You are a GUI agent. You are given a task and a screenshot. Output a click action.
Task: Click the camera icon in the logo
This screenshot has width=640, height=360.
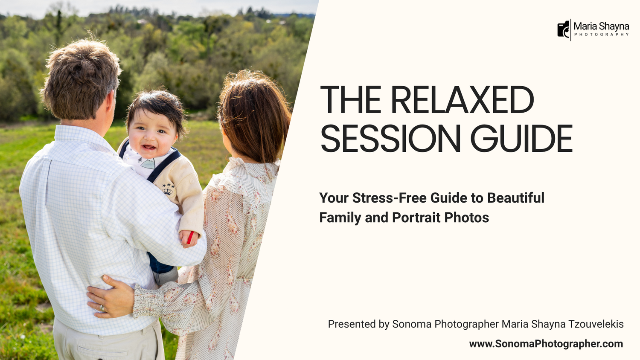pos(564,29)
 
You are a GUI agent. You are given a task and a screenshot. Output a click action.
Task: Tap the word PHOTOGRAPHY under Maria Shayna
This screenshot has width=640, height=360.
pos(602,35)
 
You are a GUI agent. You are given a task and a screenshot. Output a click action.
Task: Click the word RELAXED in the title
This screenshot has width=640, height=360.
pos(462,99)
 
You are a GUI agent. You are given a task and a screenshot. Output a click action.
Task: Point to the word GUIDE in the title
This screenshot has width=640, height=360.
pos(521,138)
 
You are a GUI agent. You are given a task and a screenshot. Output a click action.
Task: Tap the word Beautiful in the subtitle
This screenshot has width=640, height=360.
pos(516,198)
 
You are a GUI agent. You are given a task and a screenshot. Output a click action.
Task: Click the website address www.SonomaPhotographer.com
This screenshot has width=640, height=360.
pos(546,344)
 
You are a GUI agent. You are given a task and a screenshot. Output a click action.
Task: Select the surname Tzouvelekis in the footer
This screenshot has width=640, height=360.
pos(596,324)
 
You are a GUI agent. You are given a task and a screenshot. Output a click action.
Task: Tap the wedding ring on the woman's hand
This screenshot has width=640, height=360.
pos(102,308)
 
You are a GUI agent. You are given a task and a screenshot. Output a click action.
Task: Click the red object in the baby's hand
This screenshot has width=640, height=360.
pos(190,238)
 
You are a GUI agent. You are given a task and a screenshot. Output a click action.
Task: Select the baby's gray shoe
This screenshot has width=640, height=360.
pos(166,276)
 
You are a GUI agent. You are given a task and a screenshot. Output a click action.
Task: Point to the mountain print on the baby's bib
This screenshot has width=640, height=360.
pos(148,163)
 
